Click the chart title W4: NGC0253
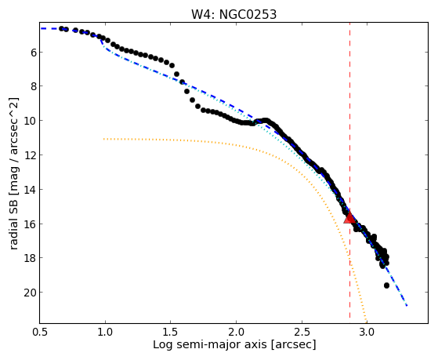(x=233, y=15)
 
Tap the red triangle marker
(x=349, y=216)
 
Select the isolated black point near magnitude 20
(x=386, y=285)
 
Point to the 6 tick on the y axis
(x=34, y=53)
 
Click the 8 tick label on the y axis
(x=34, y=86)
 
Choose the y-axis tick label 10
(x=31, y=121)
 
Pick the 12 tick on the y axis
(x=31, y=155)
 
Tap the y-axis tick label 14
(x=31, y=189)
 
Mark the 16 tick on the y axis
(x=31, y=224)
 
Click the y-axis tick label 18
(x=31, y=258)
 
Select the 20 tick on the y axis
(x=31, y=293)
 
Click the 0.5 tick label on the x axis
(x=40, y=332)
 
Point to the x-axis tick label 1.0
(x=105, y=332)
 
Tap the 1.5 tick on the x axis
(x=170, y=332)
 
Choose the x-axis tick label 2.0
(x=236, y=332)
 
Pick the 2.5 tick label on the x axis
(x=302, y=332)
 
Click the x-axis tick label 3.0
(x=367, y=332)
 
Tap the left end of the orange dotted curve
(x=104, y=139)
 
